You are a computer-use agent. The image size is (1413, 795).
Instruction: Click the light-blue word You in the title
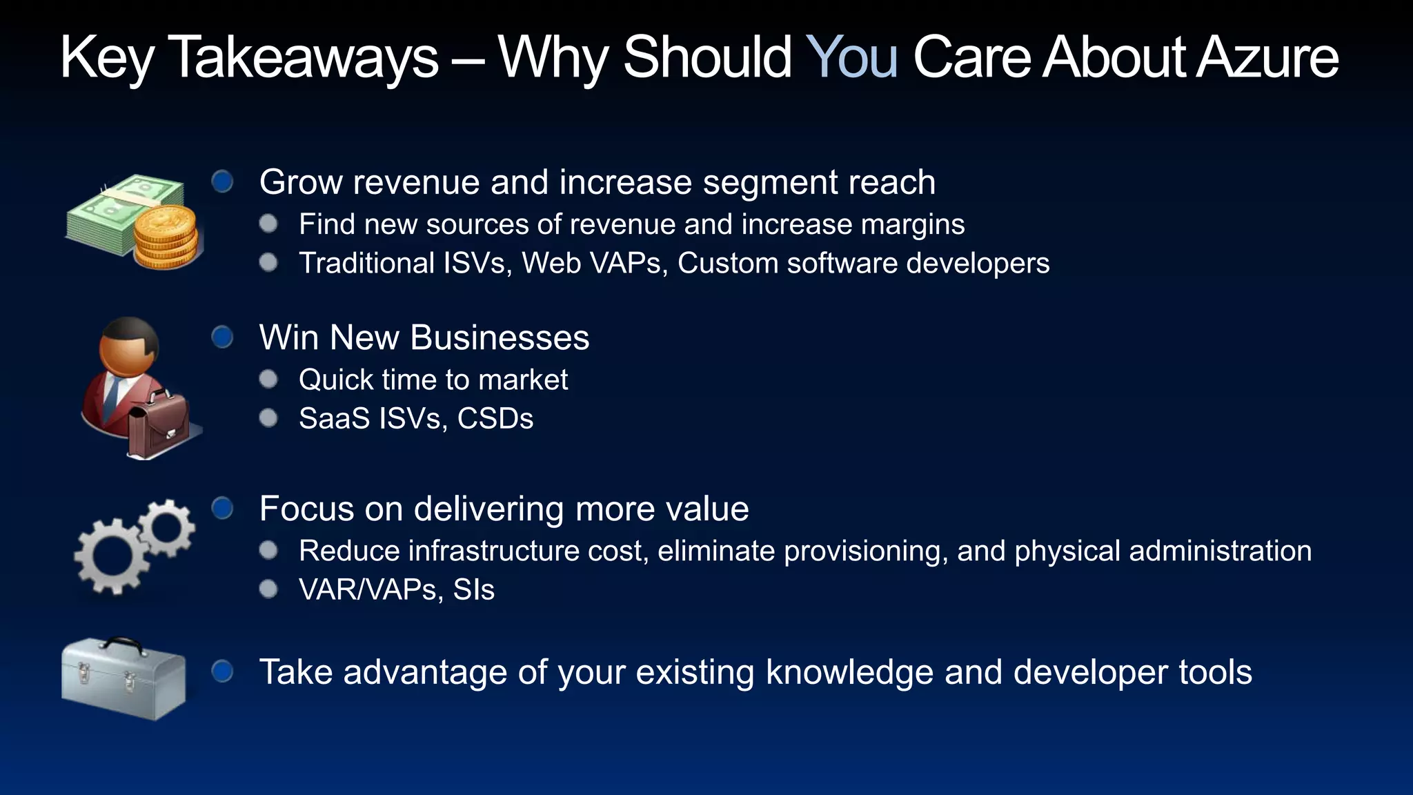(851, 57)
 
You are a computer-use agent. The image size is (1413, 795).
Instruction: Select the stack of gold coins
(166, 237)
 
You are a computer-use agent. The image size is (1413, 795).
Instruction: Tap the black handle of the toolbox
(121, 645)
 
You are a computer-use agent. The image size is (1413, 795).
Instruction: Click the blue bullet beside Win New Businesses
(222, 337)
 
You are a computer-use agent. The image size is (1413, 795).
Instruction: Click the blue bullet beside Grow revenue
(222, 181)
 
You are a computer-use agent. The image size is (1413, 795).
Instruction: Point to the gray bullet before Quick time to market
(268, 380)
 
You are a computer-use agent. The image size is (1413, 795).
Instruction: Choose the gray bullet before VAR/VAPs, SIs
(268, 589)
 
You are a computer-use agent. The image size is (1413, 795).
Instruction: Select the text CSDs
(495, 419)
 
